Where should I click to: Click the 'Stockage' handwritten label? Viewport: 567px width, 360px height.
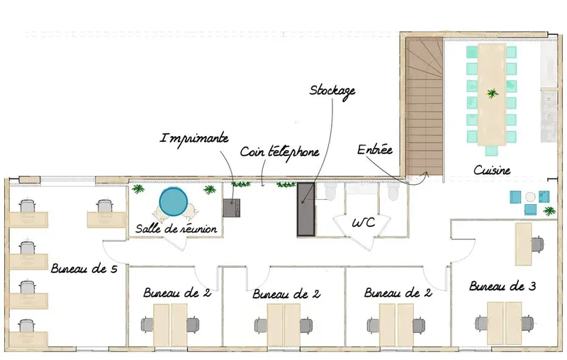332,91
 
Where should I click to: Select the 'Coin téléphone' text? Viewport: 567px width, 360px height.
279,152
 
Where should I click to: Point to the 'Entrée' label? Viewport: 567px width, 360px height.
375,150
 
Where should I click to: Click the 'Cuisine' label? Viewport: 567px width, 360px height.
492,170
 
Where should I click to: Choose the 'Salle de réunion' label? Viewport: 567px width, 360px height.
176,229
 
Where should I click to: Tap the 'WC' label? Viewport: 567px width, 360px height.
364,223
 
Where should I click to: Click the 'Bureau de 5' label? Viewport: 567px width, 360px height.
84,269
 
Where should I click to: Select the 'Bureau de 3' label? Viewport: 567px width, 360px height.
503,286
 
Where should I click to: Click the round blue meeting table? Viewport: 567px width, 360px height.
174,202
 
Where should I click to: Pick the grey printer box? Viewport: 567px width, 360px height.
232,208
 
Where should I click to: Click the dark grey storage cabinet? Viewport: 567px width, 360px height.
306,210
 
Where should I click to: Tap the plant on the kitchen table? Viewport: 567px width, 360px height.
492,94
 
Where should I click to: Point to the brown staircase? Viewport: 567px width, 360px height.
425,106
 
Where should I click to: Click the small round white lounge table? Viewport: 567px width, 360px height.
530,196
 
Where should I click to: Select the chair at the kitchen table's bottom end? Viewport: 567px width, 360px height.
491,150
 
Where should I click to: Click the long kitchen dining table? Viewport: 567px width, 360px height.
491,95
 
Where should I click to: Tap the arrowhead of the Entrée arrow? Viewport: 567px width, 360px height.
427,174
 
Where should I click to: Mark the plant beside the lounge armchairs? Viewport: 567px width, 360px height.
550,210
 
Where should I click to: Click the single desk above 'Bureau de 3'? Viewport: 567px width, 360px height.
523,244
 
